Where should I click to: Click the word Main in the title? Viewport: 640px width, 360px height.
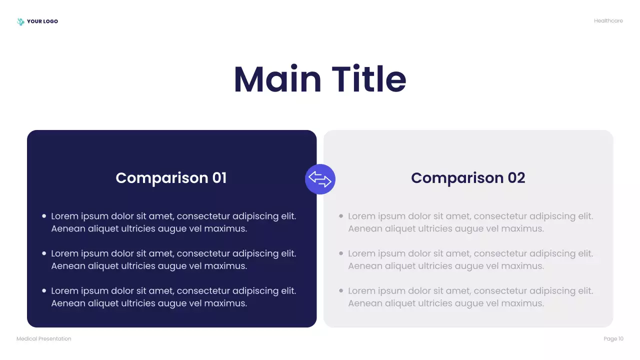(277, 79)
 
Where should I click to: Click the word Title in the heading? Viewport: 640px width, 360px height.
(369, 79)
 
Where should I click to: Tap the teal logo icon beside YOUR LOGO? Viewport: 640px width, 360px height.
(20, 21)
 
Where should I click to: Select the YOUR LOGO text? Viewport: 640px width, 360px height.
(42, 21)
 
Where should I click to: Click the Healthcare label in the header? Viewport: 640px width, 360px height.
(608, 21)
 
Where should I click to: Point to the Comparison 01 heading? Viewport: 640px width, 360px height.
(171, 178)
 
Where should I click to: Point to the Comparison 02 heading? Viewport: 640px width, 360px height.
(468, 178)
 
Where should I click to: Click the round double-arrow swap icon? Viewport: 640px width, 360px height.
(320, 179)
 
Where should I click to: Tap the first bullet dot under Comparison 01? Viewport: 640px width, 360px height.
(44, 216)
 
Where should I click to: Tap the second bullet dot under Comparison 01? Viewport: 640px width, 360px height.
(44, 253)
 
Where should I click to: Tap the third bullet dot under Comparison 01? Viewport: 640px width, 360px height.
(44, 290)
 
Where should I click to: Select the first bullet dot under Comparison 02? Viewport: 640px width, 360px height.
(341, 216)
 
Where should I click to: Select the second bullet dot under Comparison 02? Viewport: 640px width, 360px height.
(341, 253)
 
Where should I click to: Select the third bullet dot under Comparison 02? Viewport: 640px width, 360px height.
(341, 290)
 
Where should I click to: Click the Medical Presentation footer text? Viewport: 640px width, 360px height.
(44, 339)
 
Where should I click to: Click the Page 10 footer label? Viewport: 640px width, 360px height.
(613, 339)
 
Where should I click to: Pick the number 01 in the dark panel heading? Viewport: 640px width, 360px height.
(219, 178)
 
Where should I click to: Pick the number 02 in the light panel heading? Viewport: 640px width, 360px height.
(516, 178)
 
